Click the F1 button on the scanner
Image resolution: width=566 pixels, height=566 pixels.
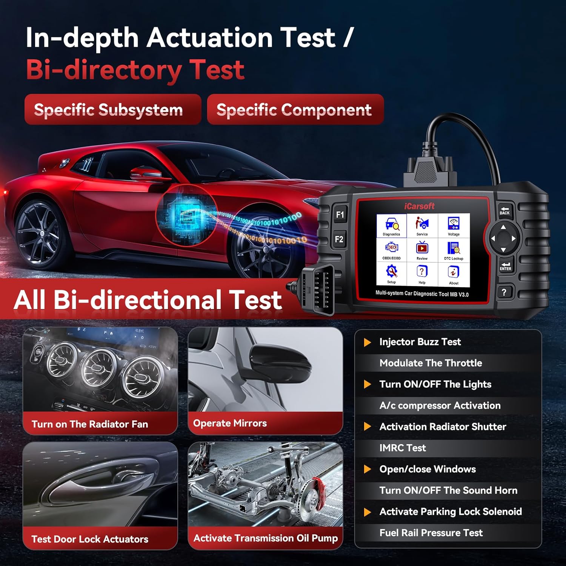(x=340, y=214)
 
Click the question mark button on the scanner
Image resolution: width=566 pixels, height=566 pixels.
(x=504, y=292)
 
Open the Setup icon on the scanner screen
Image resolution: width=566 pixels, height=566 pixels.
(x=391, y=274)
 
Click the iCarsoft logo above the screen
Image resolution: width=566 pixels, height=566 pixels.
(x=419, y=206)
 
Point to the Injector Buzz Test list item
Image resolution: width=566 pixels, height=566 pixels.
(x=420, y=342)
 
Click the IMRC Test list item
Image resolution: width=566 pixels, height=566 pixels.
(x=403, y=448)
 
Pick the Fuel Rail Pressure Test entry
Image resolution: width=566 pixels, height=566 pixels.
(x=431, y=533)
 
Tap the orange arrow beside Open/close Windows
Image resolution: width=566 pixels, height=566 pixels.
(x=367, y=469)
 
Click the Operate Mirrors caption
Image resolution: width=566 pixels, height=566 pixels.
(x=230, y=423)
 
